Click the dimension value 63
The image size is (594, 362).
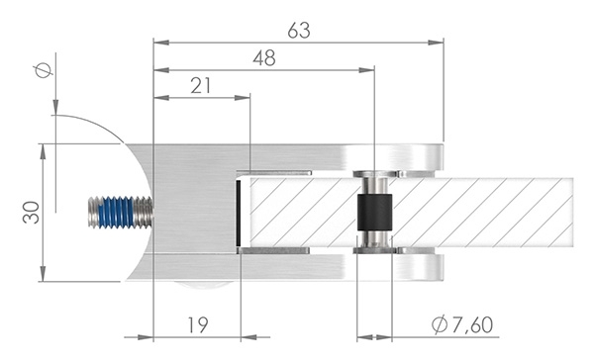click(297, 30)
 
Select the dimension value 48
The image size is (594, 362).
click(263, 57)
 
